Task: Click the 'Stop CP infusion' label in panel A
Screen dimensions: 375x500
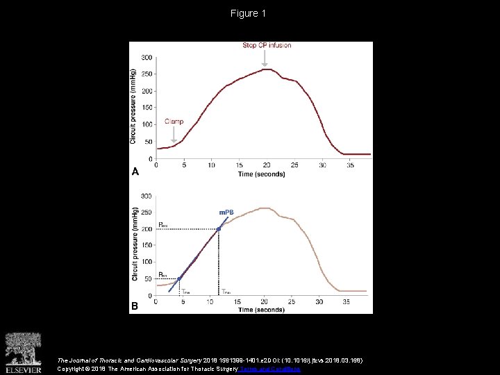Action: click(x=267, y=46)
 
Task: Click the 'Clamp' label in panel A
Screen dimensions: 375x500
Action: click(x=175, y=121)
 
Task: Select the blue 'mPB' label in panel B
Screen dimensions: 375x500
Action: click(x=226, y=212)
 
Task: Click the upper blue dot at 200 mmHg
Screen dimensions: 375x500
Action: click(x=219, y=228)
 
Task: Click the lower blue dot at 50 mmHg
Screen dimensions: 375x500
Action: click(x=179, y=279)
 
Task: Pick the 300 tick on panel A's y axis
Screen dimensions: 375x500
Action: click(x=147, y=58)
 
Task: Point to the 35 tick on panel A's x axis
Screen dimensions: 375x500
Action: click(x=350, y=165)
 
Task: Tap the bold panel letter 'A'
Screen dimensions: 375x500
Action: click(x=135, y=171)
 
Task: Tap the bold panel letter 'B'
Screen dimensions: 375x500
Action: click(x=135, y=306)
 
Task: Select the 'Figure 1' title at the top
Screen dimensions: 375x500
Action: click(x=249, y=13)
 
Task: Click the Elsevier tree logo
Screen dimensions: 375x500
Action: click(x=24, y=349)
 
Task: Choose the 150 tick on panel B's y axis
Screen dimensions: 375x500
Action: click(x=147, y=246)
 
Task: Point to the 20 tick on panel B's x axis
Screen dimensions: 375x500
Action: click(x=264, y=302)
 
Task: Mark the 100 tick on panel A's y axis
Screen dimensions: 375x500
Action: click(x=147, y=125)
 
